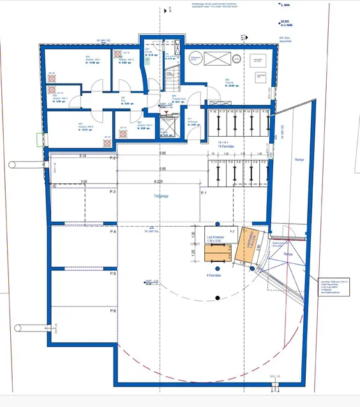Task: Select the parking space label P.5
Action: coord(113,273)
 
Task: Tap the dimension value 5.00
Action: coord(83,181)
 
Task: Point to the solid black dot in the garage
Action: coord(218,298)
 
